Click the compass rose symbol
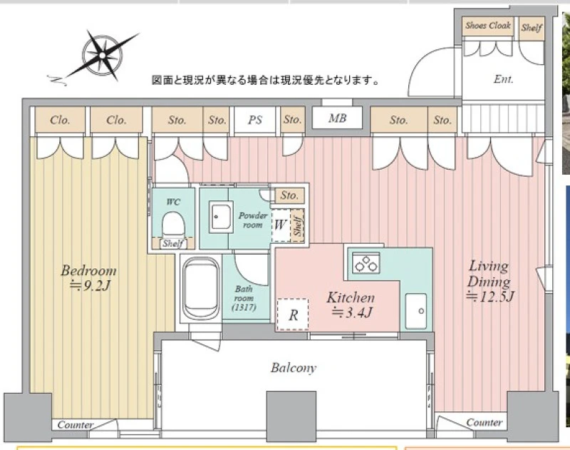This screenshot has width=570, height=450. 102,56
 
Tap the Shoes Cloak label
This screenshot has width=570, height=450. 488,26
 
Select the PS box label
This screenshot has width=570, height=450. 255,120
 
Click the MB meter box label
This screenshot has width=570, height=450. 337,118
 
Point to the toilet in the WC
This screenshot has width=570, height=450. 173,225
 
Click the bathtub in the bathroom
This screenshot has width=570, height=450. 201,289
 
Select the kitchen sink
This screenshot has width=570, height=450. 416,311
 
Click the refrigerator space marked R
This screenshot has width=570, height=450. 293,315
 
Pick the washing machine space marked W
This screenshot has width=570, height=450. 280,225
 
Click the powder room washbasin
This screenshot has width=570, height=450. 221,218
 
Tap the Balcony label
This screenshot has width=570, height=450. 294,368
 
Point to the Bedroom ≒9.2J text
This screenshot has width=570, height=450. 88,278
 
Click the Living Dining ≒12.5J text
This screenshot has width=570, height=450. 489,281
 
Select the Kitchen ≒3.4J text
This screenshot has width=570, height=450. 351,305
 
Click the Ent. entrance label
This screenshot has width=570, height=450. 504,79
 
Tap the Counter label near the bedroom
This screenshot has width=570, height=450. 75,424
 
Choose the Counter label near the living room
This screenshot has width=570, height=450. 484,422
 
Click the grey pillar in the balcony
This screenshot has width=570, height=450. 291,416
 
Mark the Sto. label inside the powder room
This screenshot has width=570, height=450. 289,195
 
